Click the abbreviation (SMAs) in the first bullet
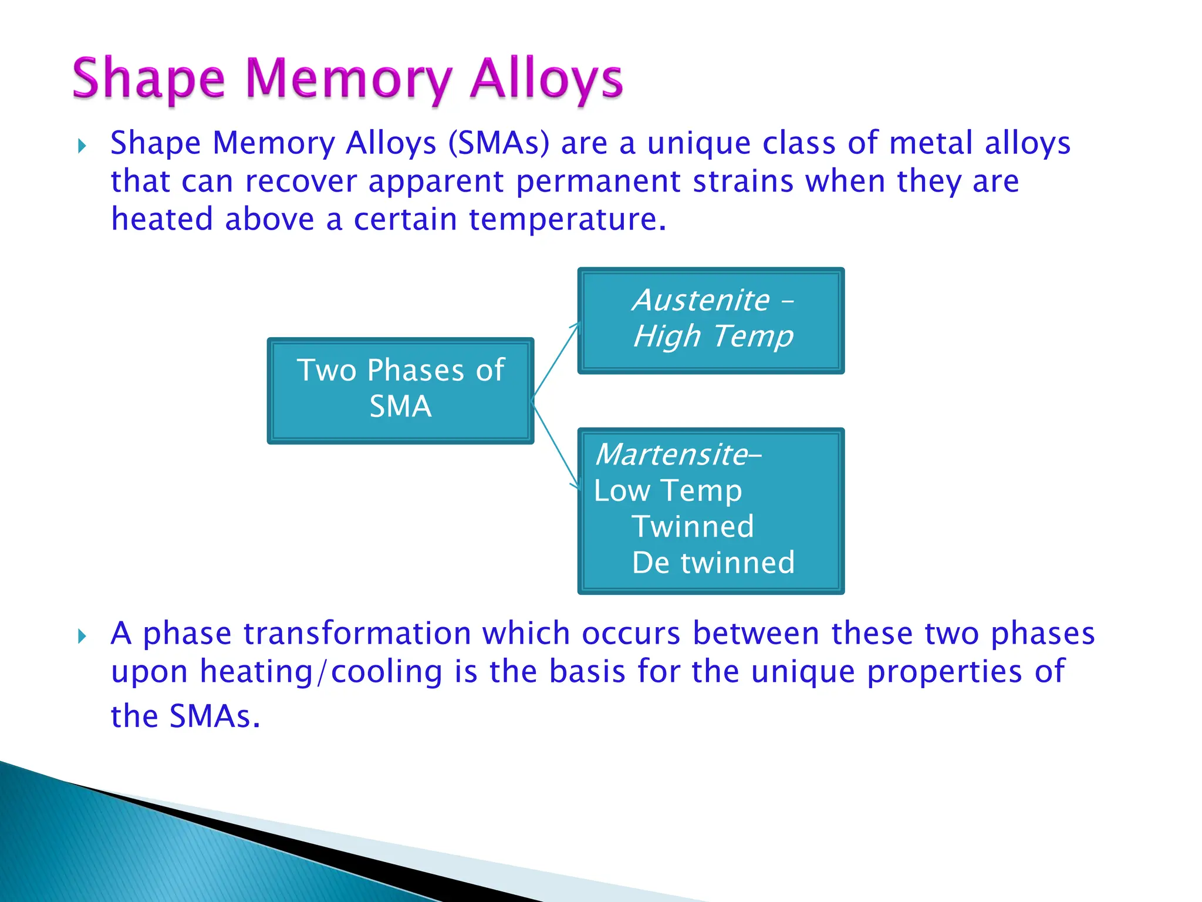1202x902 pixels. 499,143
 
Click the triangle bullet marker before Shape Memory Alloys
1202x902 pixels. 82,146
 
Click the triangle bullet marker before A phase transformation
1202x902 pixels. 82,636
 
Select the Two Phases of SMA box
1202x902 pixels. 400,390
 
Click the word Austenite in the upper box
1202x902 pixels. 701,301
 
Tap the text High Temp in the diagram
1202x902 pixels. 713,336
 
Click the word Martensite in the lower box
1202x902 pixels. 671,455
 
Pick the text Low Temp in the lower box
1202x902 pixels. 668,491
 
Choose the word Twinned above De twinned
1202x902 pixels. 693,527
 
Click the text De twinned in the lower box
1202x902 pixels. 713,563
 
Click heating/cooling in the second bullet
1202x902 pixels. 321,671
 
